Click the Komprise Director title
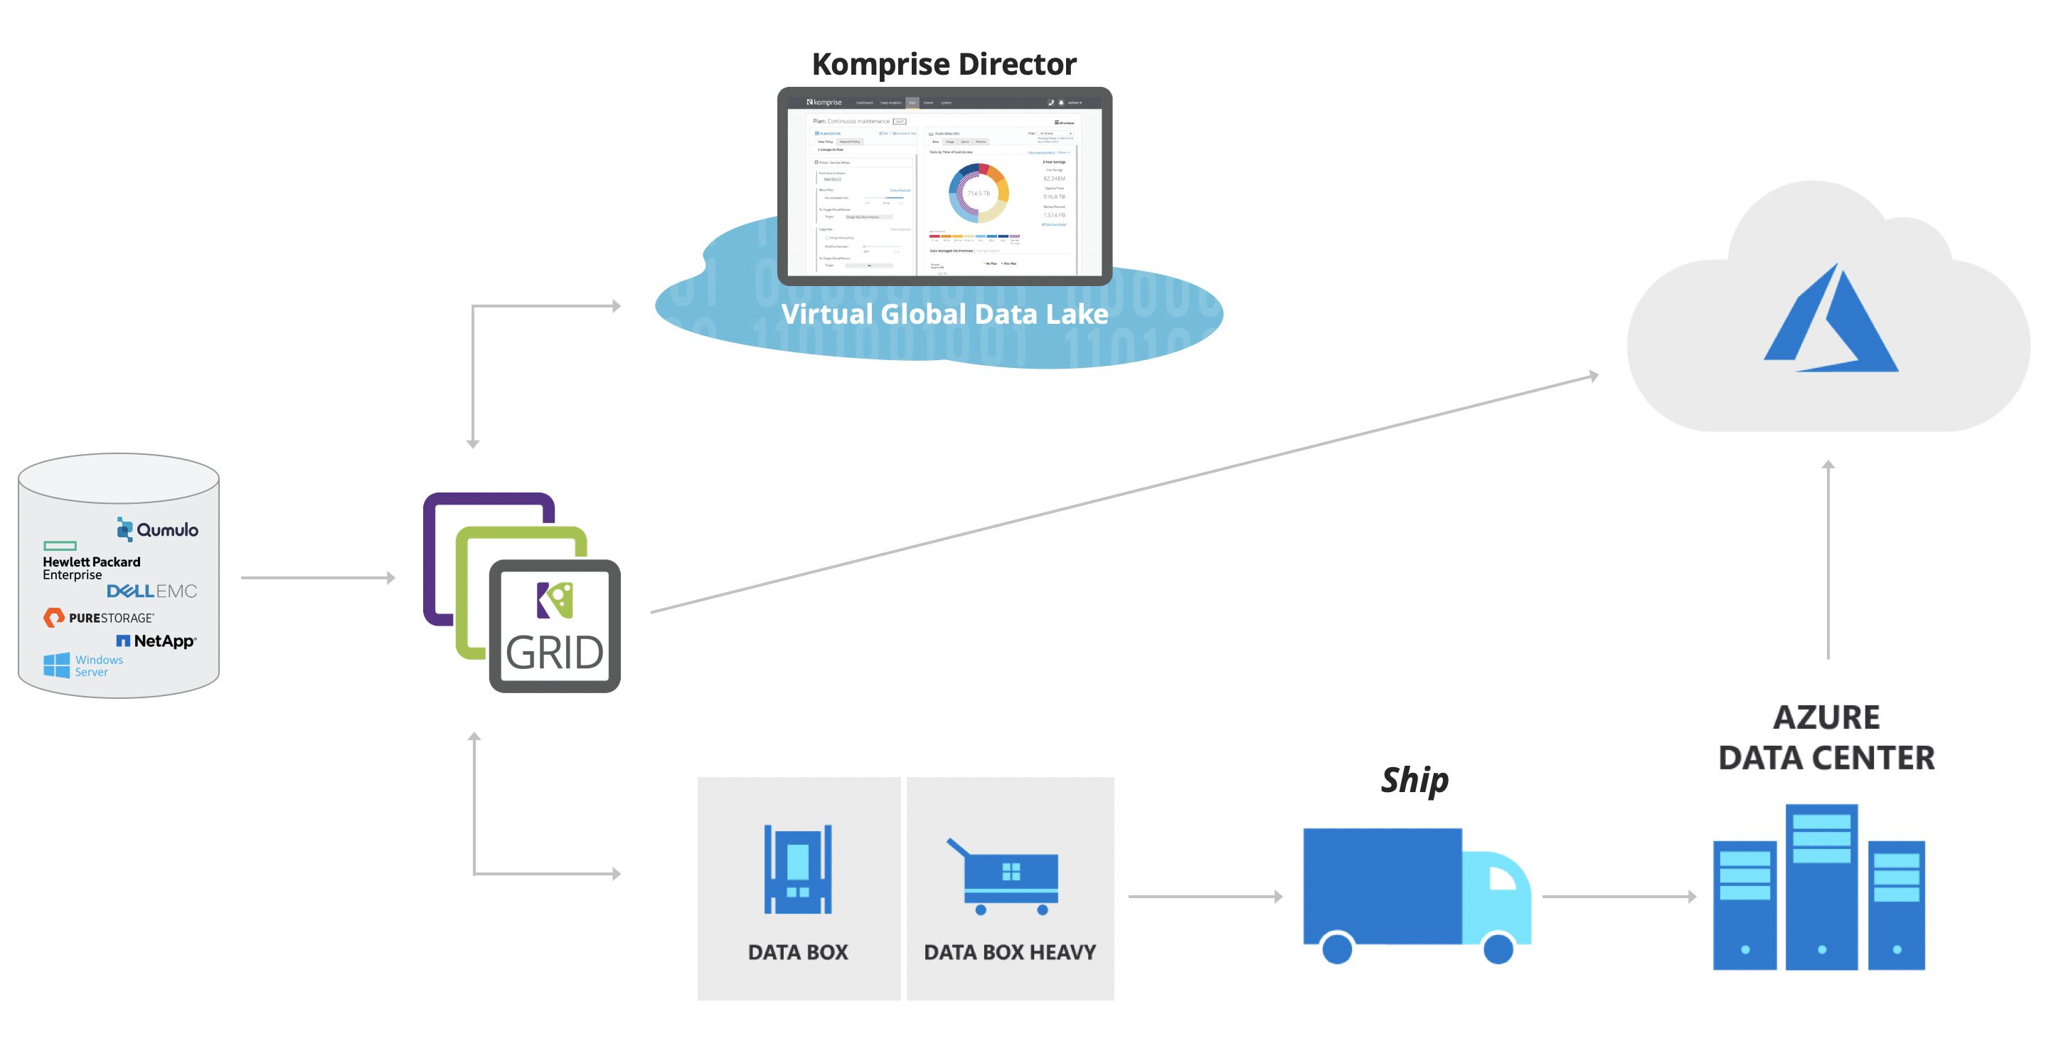(x=944, y=64)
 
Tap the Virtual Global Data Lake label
(x=944, y=314)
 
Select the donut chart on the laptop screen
(x=979, y=193)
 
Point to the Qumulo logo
(x=158, y=529)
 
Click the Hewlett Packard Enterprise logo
(x=91, y=562)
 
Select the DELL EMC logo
(x=151, y=591)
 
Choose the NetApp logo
(x=157, y=641)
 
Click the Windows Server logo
(x=84, y=665)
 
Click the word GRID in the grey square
(x=555, y=653)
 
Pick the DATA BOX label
(x=798, y=952)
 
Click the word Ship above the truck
(x=1414, y=780)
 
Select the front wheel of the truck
(x=1498, y=948)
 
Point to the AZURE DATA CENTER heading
(x=1826, y=737)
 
